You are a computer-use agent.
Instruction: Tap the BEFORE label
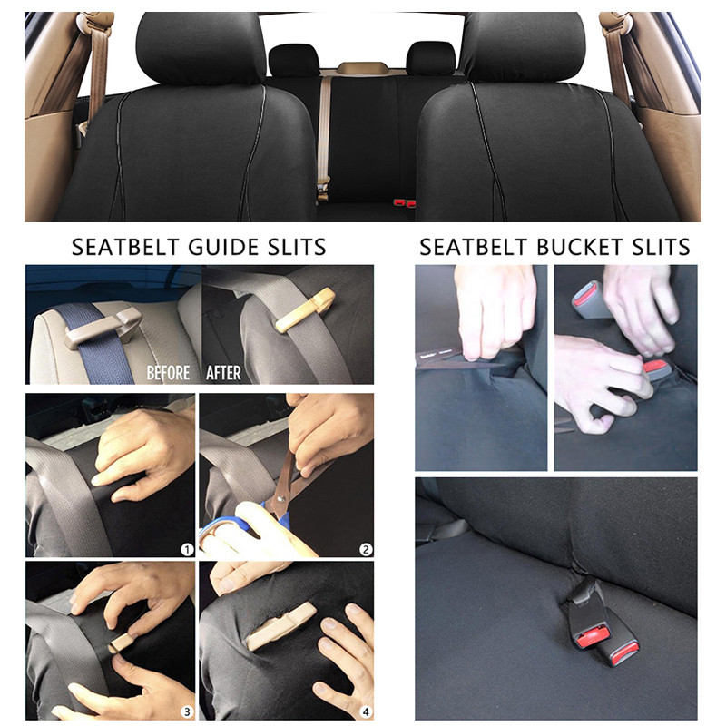tap(168, 373)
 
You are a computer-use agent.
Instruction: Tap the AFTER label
tap(223, 373)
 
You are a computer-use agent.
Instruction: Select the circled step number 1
tap(186, 549)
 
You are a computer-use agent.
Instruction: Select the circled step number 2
tap(365, 549)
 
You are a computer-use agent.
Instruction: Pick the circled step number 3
tap(186, 711)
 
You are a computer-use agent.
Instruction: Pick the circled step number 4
tap(365, 711)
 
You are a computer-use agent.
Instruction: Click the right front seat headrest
tap(524, 45)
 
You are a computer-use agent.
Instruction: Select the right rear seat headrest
tap(429, 59)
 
